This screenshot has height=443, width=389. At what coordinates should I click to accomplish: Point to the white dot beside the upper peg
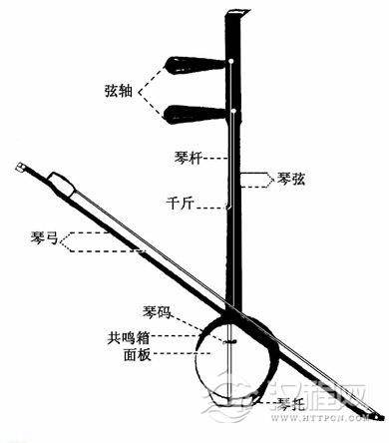click(x=232, y=62)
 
